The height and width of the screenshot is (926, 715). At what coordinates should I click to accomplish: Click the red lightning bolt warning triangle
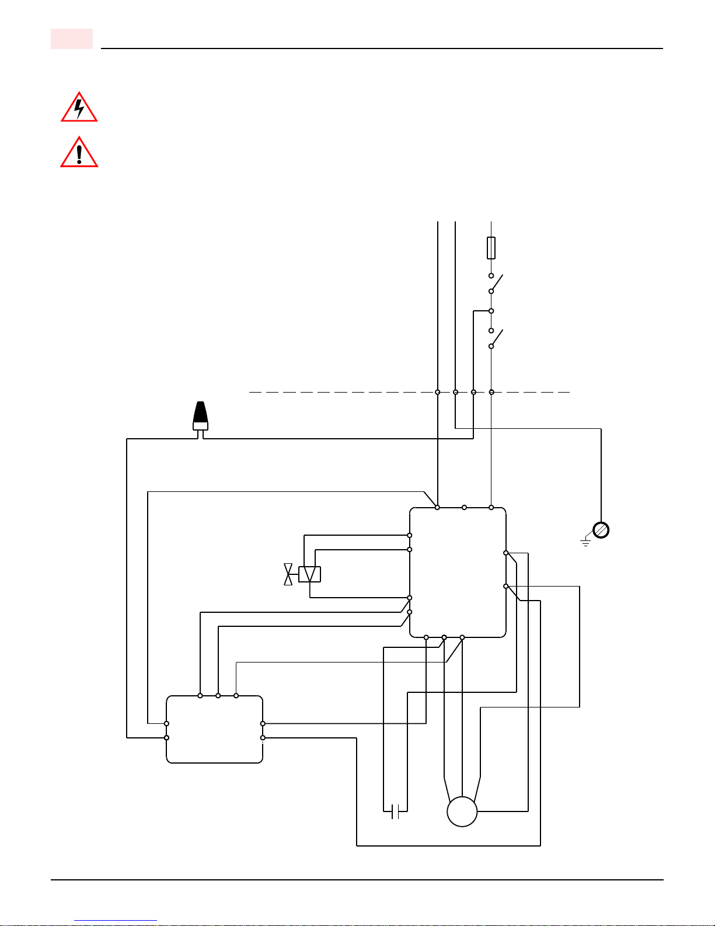79,108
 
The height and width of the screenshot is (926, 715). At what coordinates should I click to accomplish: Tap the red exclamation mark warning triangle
79,153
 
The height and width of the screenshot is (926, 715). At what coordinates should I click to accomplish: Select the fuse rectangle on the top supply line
491,248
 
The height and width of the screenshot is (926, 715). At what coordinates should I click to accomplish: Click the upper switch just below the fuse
494,283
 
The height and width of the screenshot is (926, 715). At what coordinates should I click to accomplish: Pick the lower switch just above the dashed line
494,338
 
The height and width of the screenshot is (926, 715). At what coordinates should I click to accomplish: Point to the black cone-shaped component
200,415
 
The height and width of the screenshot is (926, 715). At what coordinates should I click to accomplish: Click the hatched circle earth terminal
601,530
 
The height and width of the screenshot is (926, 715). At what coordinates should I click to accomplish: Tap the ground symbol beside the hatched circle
585,543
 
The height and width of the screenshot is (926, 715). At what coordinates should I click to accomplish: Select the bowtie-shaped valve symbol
288,574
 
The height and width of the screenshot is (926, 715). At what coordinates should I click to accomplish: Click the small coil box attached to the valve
309,574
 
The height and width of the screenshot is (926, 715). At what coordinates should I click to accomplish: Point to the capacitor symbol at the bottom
395,811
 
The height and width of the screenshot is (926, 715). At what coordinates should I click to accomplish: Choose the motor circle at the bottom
462,811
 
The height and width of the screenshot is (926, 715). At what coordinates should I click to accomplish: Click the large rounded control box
458,573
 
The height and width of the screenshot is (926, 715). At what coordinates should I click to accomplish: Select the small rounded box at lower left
214,729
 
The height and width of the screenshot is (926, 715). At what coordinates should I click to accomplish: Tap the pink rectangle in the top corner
72,39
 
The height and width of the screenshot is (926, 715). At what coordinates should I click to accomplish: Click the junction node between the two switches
491,311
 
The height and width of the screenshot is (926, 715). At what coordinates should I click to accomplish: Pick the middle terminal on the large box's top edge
464,508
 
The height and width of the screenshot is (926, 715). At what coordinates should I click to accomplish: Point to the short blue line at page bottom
116,921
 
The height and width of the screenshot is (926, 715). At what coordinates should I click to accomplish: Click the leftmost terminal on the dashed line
437,392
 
